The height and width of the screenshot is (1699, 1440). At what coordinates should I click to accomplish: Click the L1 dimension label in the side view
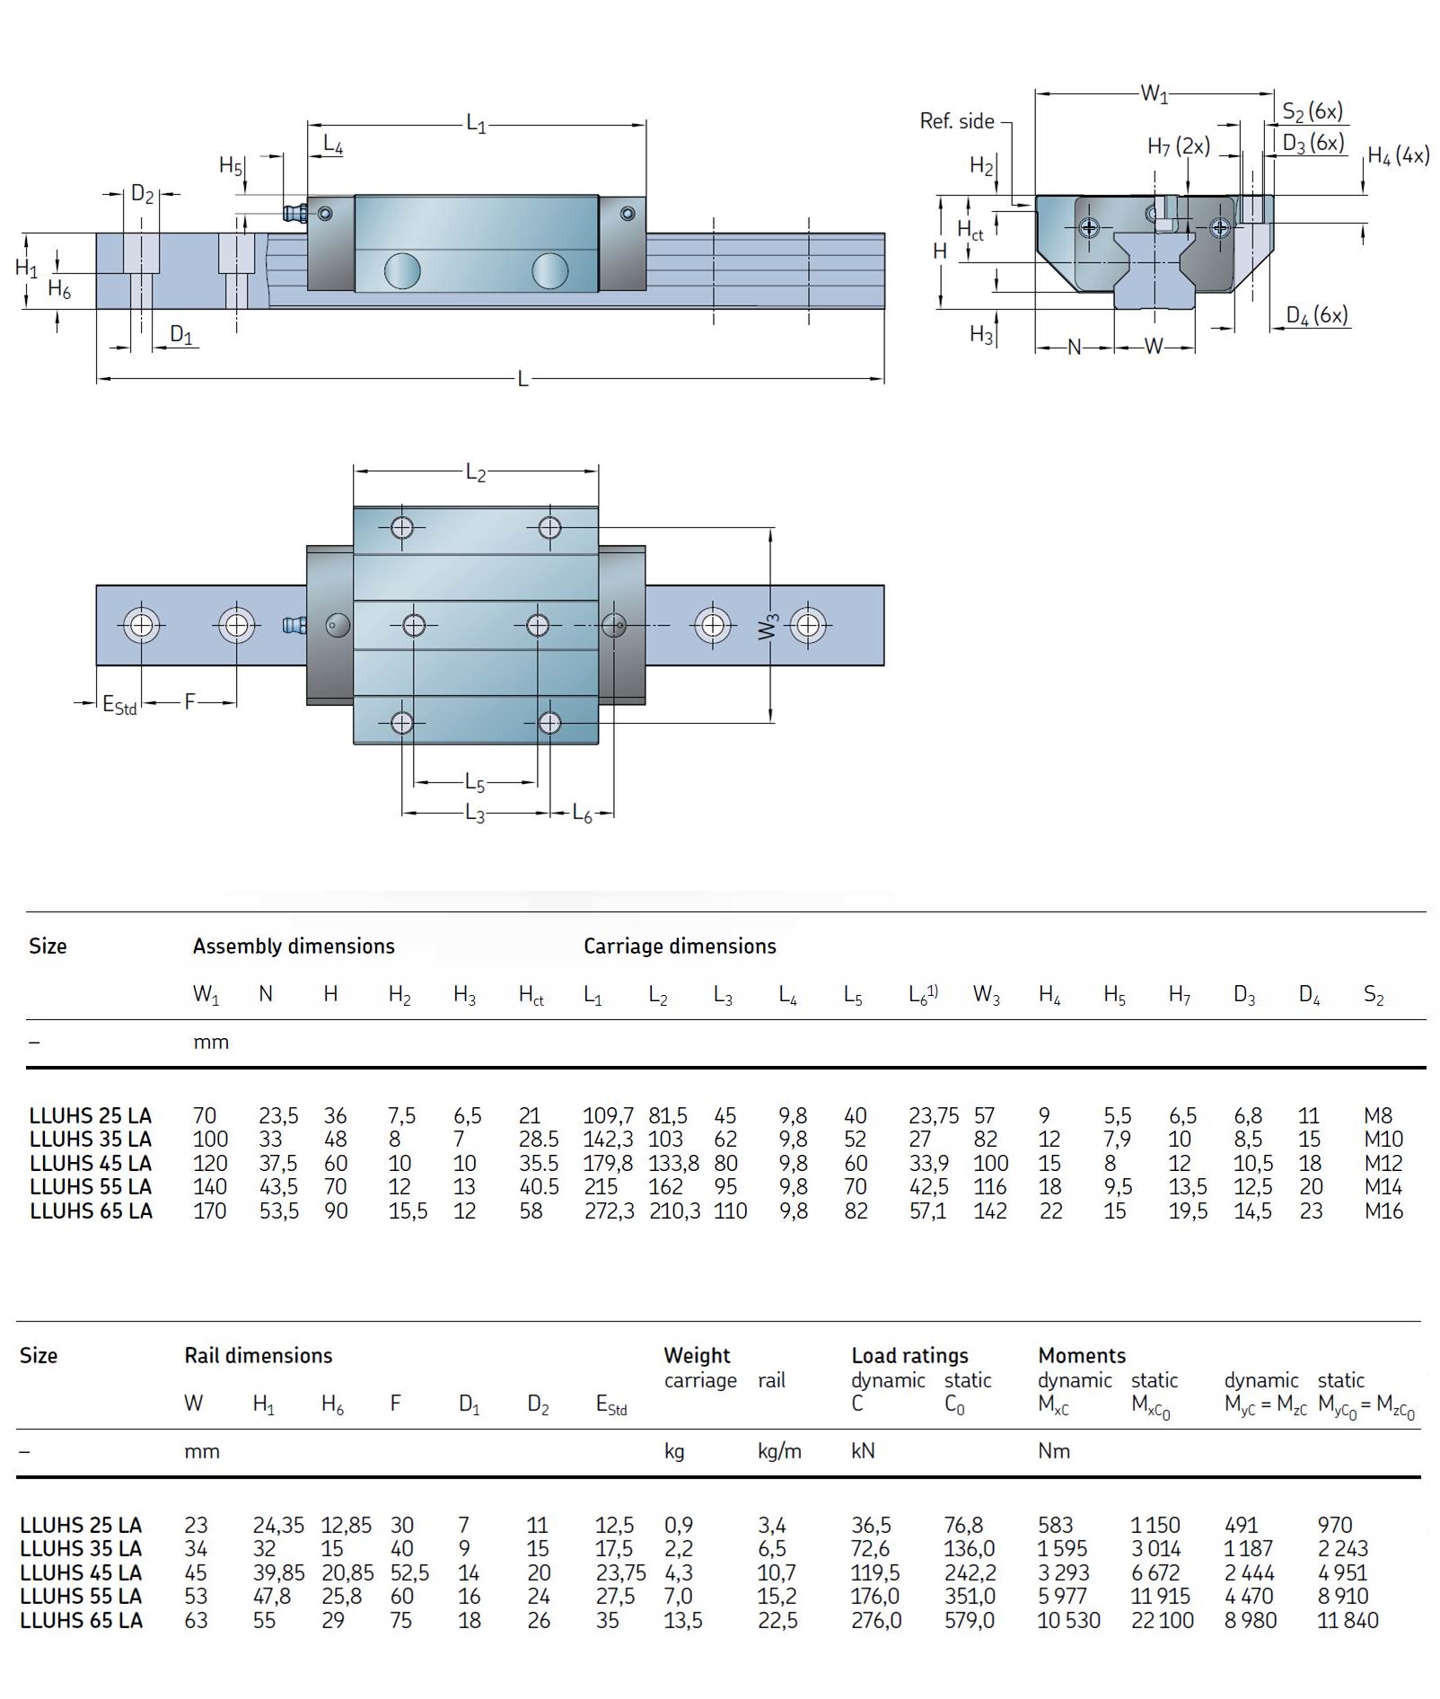[x=476, y=124]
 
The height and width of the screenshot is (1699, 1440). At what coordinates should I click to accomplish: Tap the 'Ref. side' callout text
[x=956, y=121]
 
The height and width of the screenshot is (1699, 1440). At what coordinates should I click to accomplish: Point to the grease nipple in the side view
[x=294, y=213]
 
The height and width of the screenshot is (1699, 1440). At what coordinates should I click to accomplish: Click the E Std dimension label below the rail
[x=119, y=705]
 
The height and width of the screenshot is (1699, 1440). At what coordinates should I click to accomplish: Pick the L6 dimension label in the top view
[x=583, y=814]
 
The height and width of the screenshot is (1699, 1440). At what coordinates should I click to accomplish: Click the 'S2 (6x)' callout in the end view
[x=1312, y=111]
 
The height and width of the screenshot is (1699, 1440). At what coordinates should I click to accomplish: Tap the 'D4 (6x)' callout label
[x=1316, y=315]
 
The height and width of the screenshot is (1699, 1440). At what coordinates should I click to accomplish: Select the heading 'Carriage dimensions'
[x=680, y=946]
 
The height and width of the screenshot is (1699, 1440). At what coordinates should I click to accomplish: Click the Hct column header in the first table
[x=531, y=995]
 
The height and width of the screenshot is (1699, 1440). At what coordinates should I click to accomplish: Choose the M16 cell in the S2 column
[x=1383, y=1210]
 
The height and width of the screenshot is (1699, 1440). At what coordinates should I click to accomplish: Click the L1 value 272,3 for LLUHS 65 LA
[x=609, y=1210]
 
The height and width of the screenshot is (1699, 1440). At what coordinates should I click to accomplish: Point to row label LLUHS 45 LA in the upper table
[x=91, y=1163]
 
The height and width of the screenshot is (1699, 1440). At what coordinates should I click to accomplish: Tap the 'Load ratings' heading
[x=909, y=1355]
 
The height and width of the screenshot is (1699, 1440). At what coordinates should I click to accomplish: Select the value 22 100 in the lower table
[x=1162, y=1620]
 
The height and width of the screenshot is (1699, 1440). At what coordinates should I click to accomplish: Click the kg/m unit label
[x=778, y=1451]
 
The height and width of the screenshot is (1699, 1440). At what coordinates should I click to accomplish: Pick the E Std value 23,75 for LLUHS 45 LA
[x=620, y=1572]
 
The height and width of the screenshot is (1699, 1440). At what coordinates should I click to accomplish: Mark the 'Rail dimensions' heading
[x=259, y=1355]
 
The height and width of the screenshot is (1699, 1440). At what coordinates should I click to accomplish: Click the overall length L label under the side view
[x=522, y=379]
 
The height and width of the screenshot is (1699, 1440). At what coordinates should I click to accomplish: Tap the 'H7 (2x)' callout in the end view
[x=1178, y=146]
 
